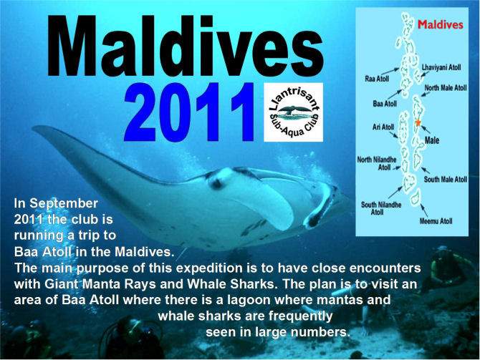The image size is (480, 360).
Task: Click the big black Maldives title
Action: tap(186, 46)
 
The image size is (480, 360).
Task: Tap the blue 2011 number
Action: tap(189, 112)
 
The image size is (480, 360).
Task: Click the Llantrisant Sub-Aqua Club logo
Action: tap(294, 112)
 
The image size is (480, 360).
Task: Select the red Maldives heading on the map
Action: tap(441, 24)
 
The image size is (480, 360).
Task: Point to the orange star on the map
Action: tap(418, 122)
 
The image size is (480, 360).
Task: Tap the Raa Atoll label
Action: tap(377, 79)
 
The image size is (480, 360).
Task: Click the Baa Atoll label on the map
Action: tap(385, 104)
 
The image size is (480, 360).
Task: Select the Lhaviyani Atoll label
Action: tap(441, 67)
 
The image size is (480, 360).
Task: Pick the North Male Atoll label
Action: tap(446, 88)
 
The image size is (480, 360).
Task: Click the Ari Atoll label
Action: tap(383, 127)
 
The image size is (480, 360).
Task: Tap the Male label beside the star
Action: tap(432, 140)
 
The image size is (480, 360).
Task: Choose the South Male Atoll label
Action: tap(446, 179)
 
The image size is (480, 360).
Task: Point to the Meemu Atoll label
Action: tap(436, 221)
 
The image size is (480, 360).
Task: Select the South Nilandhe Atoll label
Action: tap(381, 208)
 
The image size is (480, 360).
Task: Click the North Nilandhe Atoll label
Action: tap(377, 163)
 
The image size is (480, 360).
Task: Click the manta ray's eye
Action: tap(216, 183)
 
